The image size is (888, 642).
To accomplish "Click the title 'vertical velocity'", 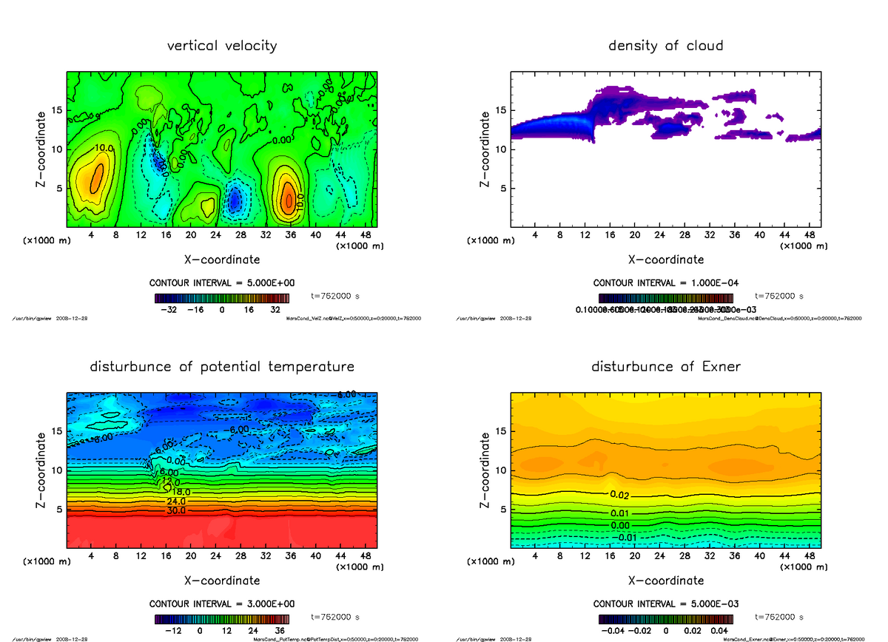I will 222,46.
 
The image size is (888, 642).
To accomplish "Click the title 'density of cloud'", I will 665,46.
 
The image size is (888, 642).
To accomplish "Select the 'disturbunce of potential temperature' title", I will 222,367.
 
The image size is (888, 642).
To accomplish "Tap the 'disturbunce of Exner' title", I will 665,367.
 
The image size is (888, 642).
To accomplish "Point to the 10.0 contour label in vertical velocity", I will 103,149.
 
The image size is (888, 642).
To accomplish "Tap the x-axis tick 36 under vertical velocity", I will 290,234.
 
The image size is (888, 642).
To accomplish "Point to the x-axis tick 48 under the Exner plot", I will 810,555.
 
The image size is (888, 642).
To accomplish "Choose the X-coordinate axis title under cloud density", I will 665,260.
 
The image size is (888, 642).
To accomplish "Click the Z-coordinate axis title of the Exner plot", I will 485,470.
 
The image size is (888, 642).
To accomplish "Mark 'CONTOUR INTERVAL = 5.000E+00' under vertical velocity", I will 222,283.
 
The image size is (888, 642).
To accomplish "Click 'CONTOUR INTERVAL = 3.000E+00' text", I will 222,604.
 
